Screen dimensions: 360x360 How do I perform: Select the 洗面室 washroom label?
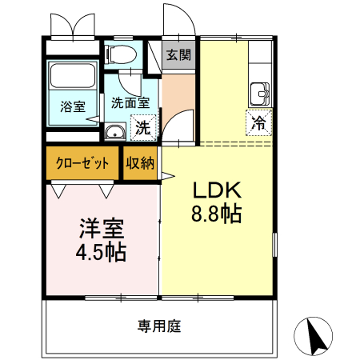130,102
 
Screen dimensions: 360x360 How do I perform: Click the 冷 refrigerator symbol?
259,123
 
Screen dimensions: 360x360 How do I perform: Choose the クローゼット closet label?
82,163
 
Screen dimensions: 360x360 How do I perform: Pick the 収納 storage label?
140,163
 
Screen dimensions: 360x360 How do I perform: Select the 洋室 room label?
101,227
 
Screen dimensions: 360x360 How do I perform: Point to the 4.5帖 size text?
101,253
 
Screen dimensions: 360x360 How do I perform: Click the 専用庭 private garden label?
160,326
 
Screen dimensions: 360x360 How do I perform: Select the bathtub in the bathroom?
73,78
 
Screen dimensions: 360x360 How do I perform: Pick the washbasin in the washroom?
115,132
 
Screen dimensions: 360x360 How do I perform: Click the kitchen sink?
260,93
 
